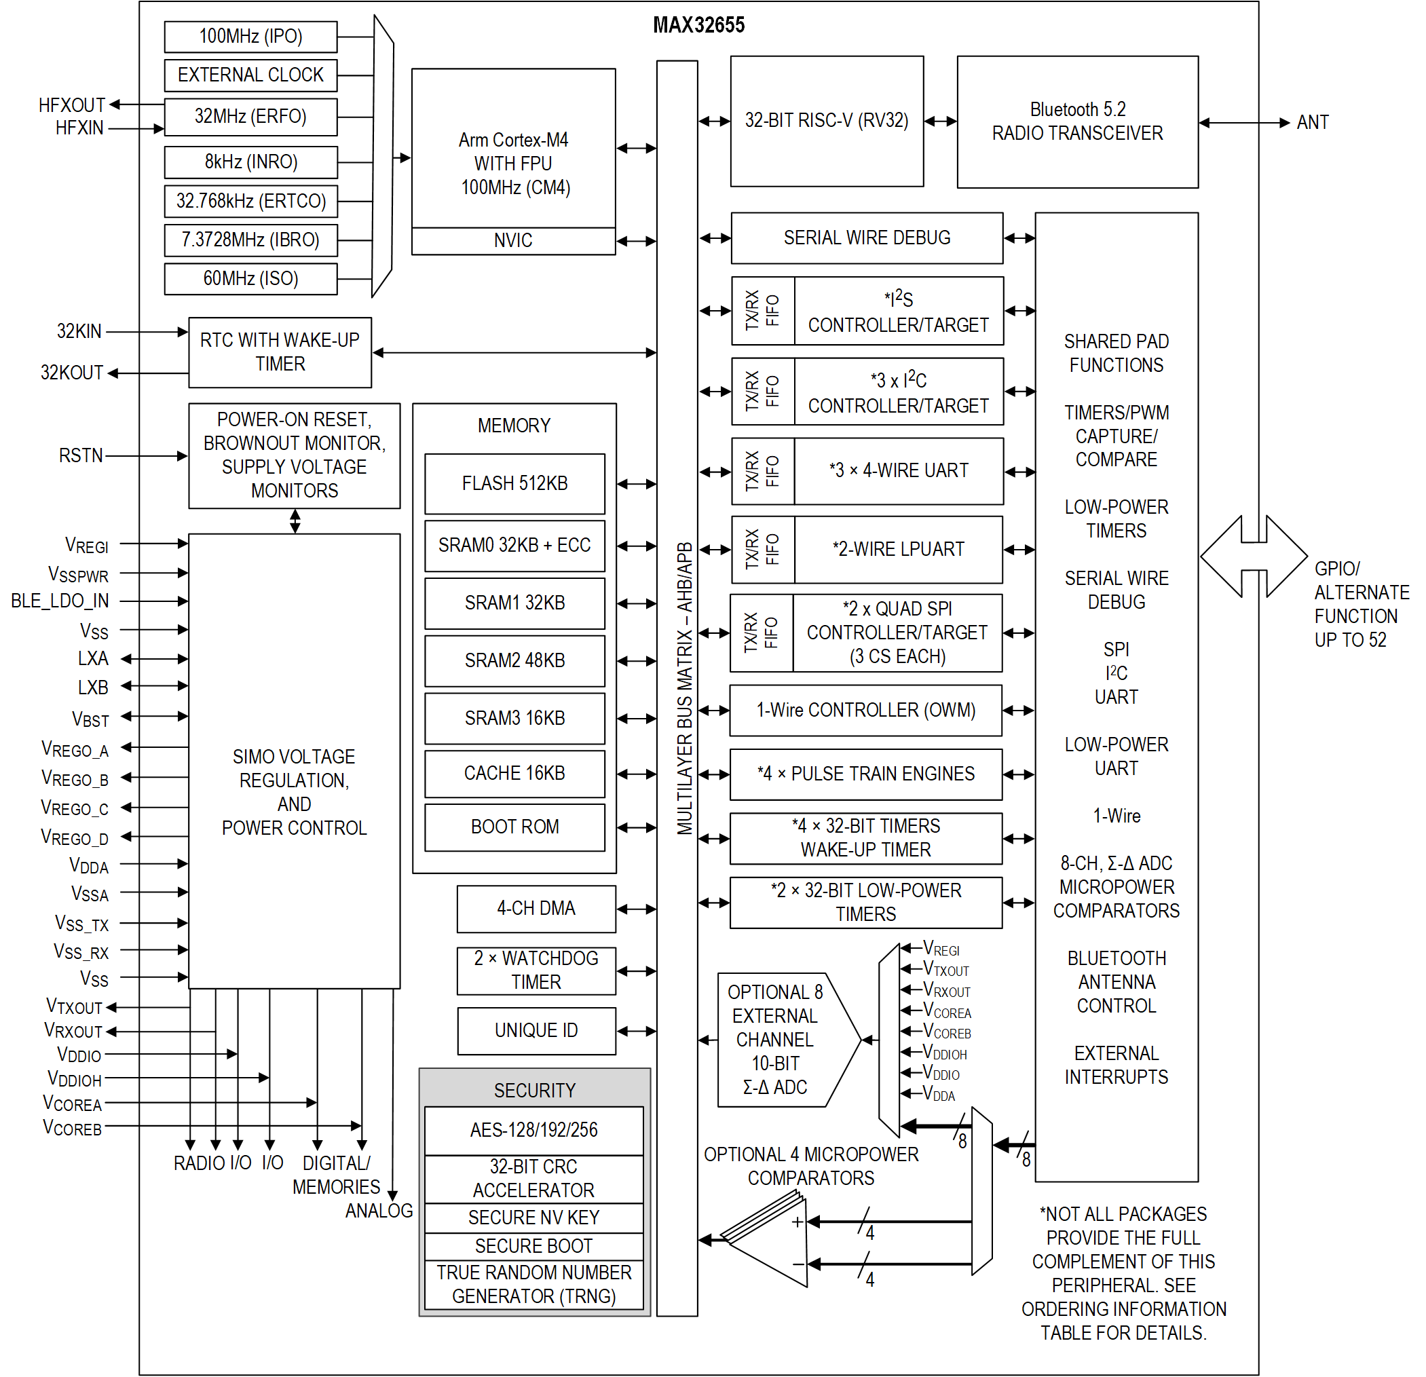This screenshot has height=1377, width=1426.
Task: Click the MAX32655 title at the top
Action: (x=698, y=26)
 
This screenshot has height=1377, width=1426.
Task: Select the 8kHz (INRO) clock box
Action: (x=250, y=162)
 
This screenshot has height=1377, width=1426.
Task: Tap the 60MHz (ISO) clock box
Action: (x=250, y=279)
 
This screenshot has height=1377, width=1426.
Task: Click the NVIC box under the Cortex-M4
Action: (x=513, y=241)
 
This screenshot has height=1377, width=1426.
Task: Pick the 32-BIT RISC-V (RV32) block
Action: (x=827, y=121)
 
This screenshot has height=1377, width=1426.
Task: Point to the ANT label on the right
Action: (x=1312, y=122)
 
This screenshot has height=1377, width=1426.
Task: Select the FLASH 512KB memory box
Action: (x=514, y=484)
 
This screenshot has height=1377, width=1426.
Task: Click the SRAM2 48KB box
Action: (x=514, y=660)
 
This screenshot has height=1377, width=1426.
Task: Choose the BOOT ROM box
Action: (x=514, y=827)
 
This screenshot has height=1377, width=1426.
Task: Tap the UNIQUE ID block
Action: (x=536, y=1031)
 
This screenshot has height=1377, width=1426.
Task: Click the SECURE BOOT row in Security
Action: (x=533, y=1246)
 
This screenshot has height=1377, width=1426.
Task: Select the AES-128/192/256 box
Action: (x=533, y=1130)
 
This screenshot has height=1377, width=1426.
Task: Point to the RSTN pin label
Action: (x=81, y=456)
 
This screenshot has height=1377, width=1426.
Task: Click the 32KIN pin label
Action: (x=79, y=332)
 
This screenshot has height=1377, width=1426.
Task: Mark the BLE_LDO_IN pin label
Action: (x=60, y=601)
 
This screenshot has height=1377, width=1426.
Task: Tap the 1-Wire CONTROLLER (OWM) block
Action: (x=865, y=710)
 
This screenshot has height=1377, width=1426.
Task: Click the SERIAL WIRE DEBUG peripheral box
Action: (x=867, y=238)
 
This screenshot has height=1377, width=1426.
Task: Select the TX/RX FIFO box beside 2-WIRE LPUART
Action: (x=762, y=550)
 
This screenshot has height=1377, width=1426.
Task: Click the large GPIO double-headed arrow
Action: (x=1253, y=557)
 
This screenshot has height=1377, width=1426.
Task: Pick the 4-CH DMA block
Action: (x=536, y=909)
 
